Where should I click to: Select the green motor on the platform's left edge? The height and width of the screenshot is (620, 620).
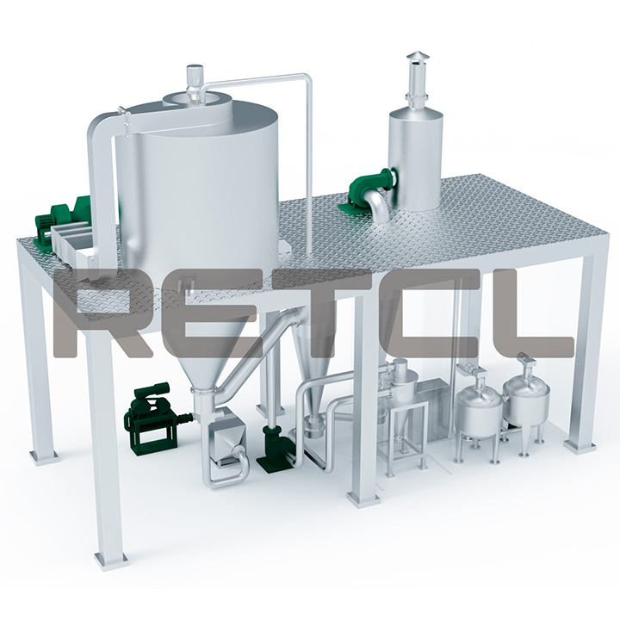63,220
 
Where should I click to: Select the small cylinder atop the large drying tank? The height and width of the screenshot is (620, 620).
195,77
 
